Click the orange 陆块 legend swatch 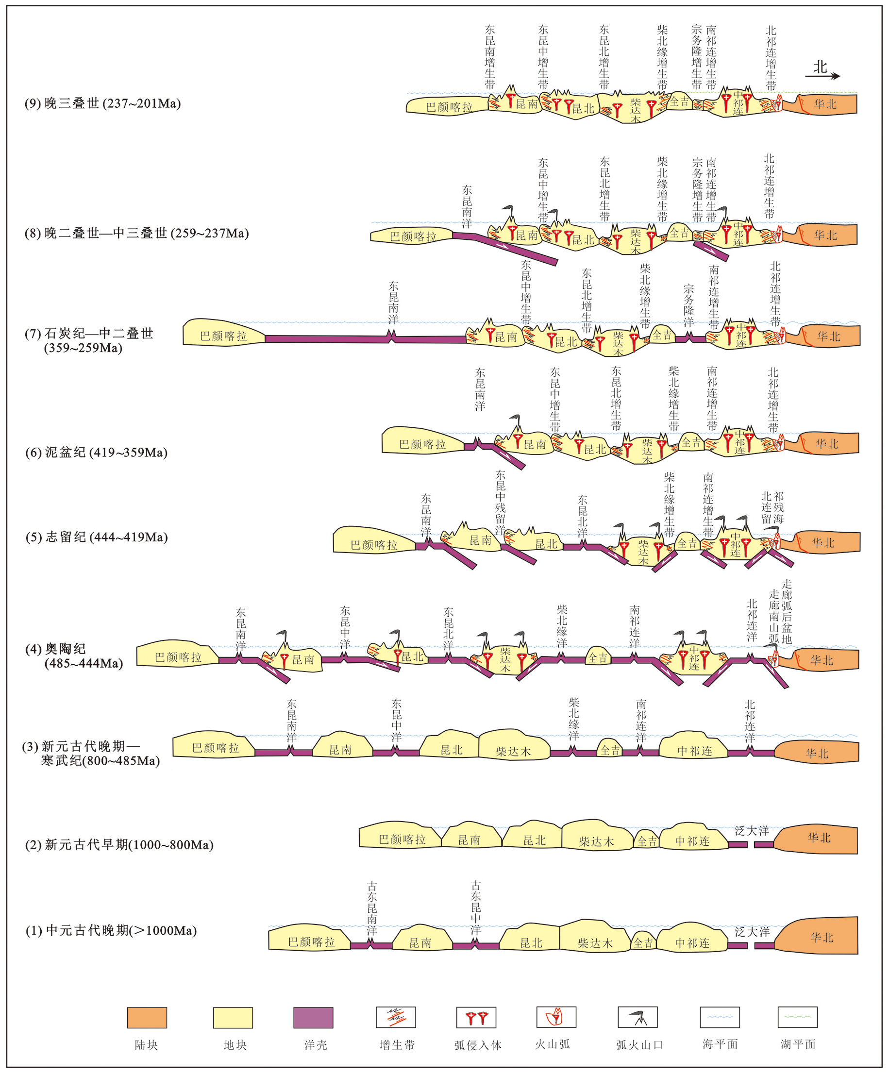147,1018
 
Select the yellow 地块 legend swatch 233,1018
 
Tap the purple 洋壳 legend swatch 313,1018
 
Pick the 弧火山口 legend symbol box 637,1017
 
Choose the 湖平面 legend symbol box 797,1017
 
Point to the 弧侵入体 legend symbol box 476,1017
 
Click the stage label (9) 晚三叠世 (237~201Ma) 103,103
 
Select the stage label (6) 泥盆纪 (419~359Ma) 97,453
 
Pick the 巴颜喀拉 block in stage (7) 224,336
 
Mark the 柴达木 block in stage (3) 513,752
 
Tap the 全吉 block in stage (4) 597,658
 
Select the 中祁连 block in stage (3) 694,751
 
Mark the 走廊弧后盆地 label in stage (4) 787,611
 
